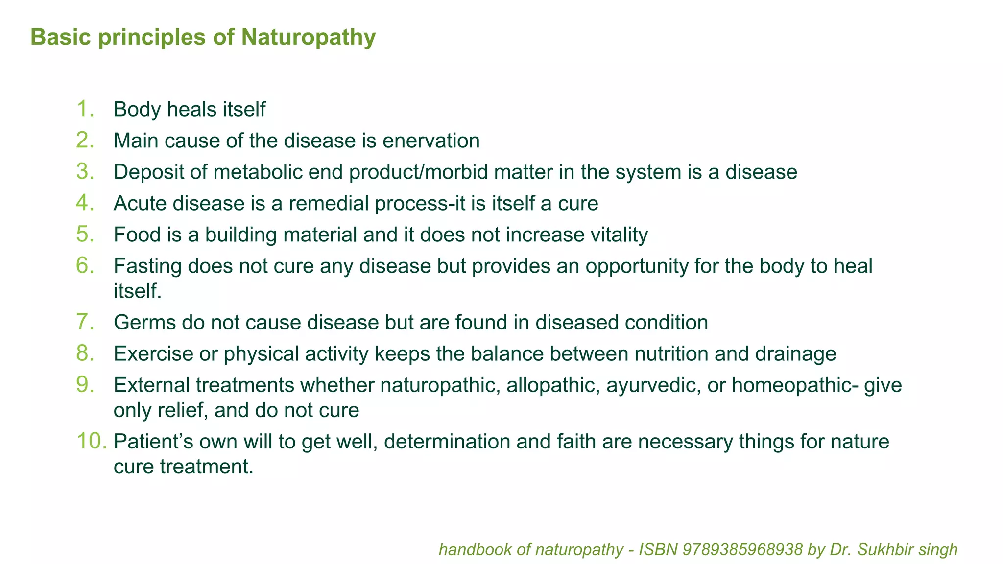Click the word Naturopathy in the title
308,38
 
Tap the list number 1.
85,109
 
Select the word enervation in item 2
431,141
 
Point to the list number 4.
85,203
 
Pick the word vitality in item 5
619,235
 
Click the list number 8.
85,353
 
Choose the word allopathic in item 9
553,385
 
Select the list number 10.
92,442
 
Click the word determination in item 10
447,442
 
